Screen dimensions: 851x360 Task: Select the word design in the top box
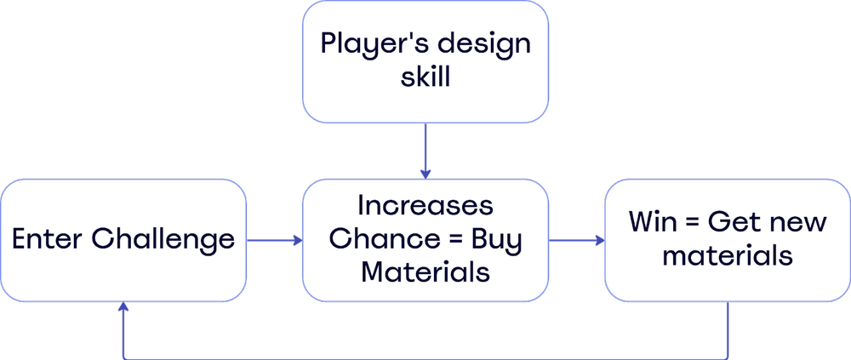pos(483,43)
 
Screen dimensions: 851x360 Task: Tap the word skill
pos(425,79)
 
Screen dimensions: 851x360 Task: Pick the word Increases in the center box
pos(425,206)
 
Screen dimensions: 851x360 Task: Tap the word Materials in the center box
pos(425,272)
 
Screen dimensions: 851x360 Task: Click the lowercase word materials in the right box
pos(728,256)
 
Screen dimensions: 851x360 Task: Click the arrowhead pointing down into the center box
pos(425,174)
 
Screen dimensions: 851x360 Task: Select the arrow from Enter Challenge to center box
pos(274,241)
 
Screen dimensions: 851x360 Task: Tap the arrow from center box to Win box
pos(576,241)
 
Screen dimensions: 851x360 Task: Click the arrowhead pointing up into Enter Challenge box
pos(124,308)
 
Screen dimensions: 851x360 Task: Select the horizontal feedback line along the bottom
pos(425,357)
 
